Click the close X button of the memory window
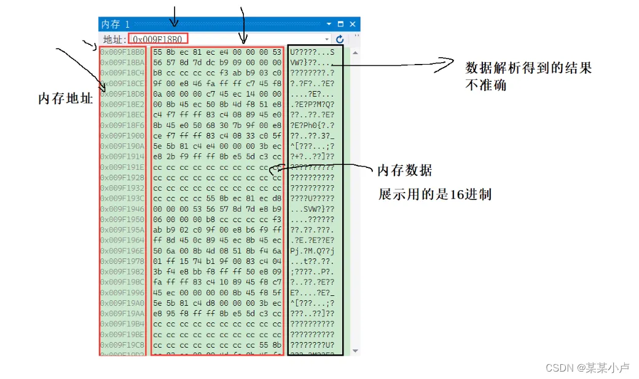pos(353,24)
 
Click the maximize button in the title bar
pos(341,24)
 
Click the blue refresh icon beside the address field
pos(340,39)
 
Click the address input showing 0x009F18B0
pos(158,39)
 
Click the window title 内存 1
pos(116,24)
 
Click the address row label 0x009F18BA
pos(122,62)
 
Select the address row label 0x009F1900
pos(122,135)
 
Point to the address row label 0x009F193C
pos(122,198)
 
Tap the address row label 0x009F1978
pos(122,261)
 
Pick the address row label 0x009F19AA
pos(122,313)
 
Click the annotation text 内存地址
pos(65,98)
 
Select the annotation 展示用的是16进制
pos(434,195)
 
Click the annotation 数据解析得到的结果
pos(528,68)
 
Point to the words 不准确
pos(485,86)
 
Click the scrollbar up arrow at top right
pos(355,53)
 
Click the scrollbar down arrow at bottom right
pos(355,350)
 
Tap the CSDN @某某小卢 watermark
pos(587,367)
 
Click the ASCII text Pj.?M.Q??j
pos(312,250)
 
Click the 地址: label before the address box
pos(114,39)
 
